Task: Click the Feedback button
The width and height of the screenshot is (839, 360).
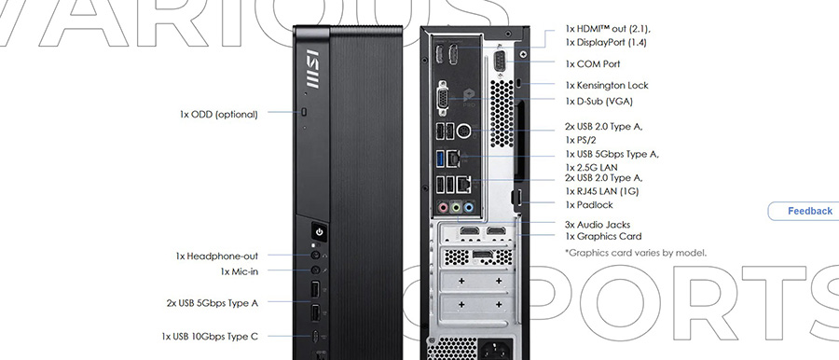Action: pos(808,211)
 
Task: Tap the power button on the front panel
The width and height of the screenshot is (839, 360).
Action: pos(319,231)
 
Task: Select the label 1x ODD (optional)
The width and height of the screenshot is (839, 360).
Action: pos(222,114)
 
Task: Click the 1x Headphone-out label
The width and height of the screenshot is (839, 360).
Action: pos(216,256)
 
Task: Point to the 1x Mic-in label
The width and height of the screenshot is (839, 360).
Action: pos(239,271)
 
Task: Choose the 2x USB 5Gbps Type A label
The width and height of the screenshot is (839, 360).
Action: pos(212,302)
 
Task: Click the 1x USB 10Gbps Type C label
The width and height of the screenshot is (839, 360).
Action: pos(210,335)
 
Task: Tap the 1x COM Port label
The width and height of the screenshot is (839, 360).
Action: pos(592,64)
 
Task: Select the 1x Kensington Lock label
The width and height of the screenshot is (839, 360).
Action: pos(606,85)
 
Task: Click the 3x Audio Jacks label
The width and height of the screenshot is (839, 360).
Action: pos(598,224)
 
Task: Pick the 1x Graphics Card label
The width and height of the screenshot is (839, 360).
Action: pos(602,237)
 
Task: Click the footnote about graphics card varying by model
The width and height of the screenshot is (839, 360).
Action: pos(635,253)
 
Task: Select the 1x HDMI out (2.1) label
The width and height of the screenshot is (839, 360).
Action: pos(610,28)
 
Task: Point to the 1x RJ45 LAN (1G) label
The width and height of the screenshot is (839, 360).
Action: pos(604,189)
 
